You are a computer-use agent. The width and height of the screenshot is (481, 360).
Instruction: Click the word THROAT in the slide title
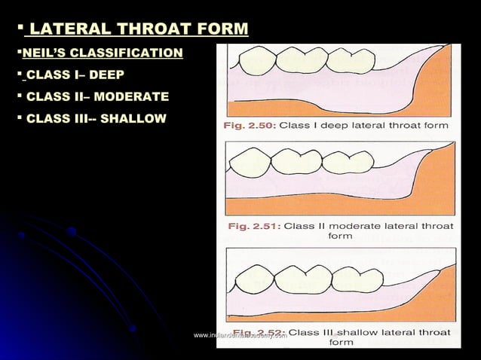click(151, 30)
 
